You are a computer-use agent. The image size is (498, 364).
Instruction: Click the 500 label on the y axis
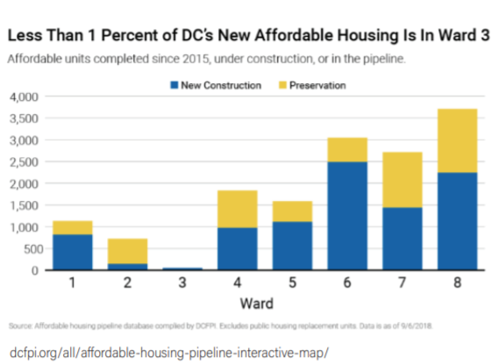tap(31, 248)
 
